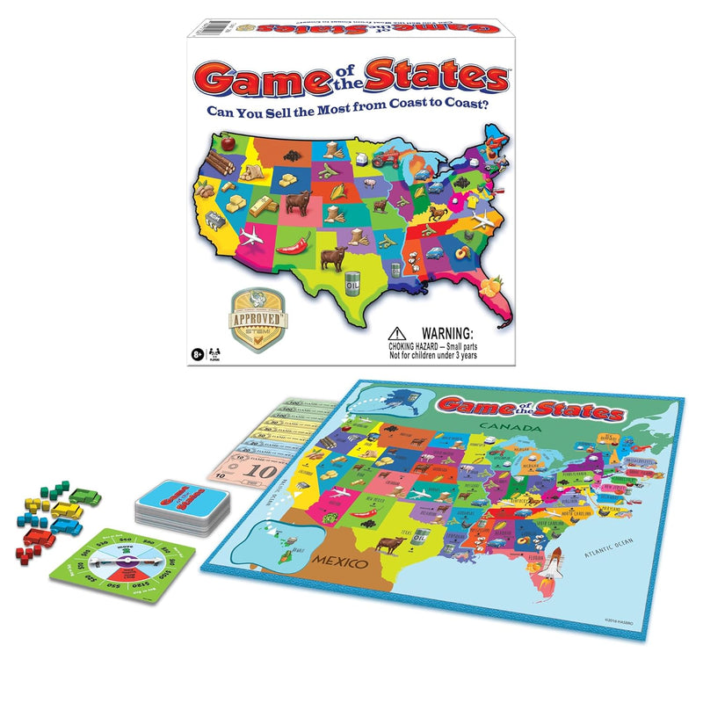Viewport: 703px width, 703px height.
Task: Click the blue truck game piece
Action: click(x=67, y=525)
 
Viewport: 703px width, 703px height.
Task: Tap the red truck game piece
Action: click(x=40, y=536)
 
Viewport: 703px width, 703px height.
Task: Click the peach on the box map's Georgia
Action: click(x=460, y=254)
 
